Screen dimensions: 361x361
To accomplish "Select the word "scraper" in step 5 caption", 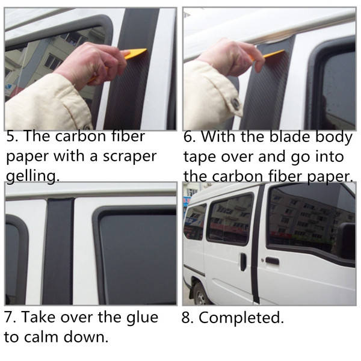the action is (129, 157).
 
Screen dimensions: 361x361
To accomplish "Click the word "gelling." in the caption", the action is (32, 176).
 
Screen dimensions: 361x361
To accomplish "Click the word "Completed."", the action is (241, 318).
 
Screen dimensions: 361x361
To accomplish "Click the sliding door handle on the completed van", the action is (243, 262).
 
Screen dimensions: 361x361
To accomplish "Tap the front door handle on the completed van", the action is (272, 261).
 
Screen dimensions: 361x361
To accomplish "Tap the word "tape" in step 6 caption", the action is (200, 157).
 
